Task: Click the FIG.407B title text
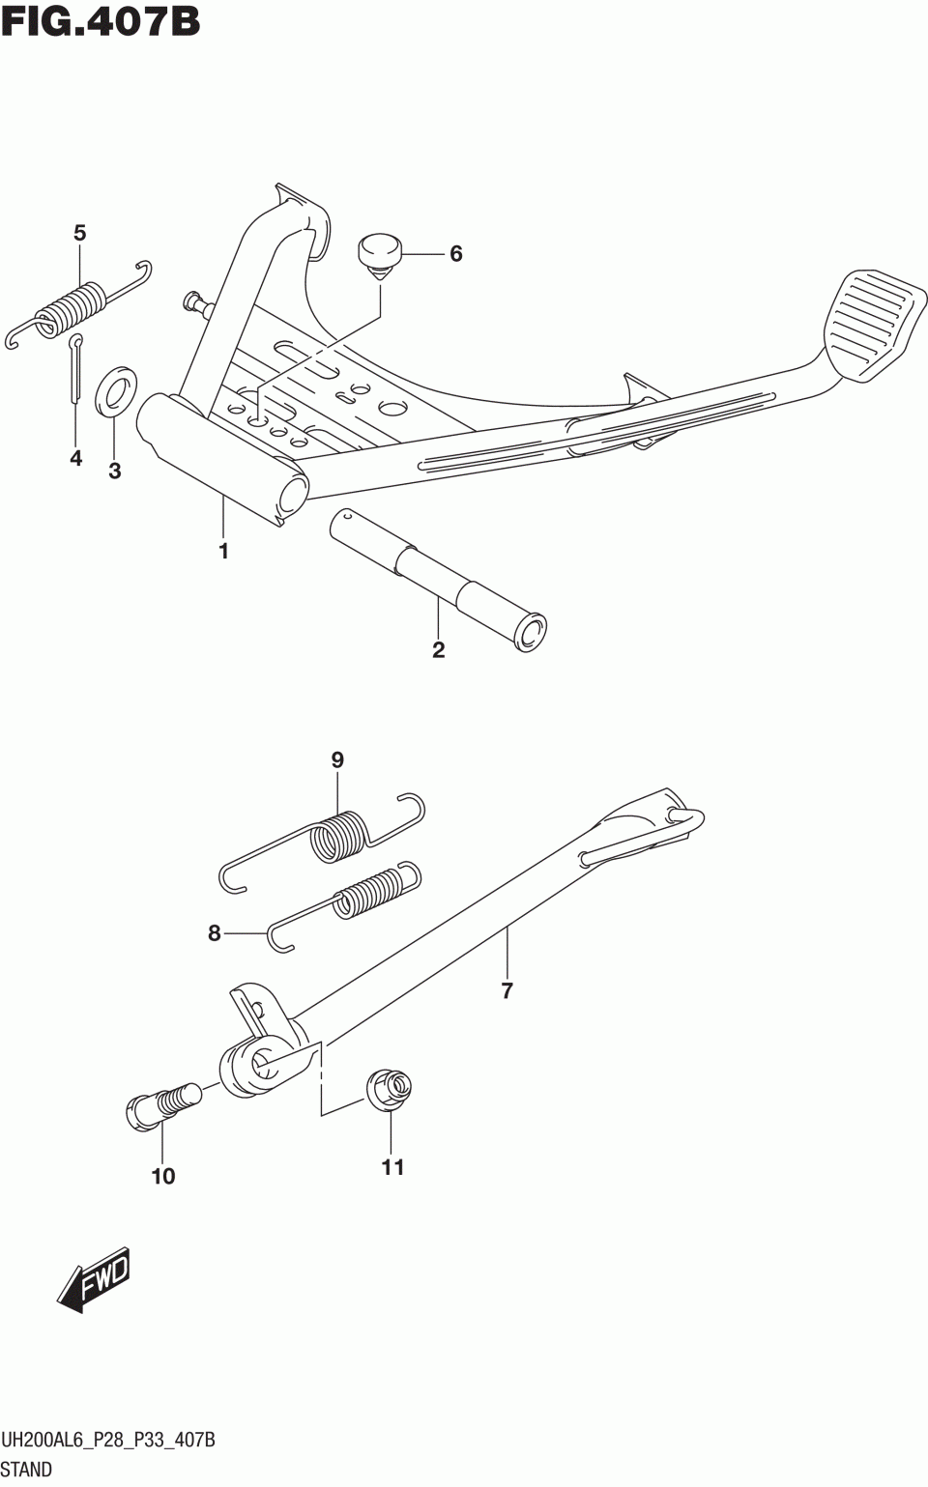101,20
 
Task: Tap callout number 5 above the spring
79,233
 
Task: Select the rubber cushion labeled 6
379,254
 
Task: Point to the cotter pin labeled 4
76,367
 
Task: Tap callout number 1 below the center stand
223,552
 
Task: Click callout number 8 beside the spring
214,933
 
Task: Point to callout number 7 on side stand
507,990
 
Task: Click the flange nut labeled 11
389,1090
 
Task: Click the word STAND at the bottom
27,1471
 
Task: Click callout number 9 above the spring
337,760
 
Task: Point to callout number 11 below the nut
391,1167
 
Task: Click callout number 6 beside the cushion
455,254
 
